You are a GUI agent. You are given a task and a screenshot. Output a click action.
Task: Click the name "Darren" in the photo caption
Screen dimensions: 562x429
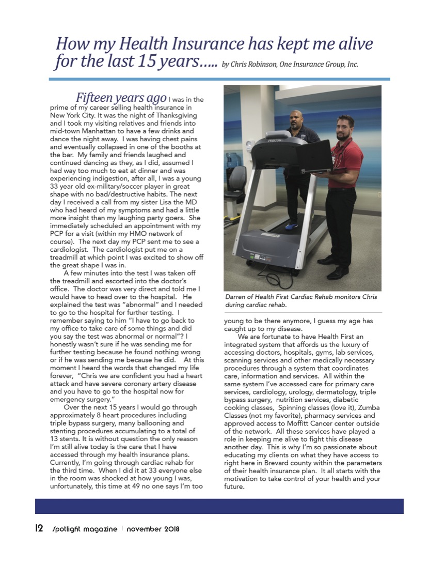pyautogui.click(x=236, y=297)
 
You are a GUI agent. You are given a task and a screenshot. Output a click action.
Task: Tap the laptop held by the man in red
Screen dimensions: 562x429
pyautogui.click(x=313, y=156)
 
